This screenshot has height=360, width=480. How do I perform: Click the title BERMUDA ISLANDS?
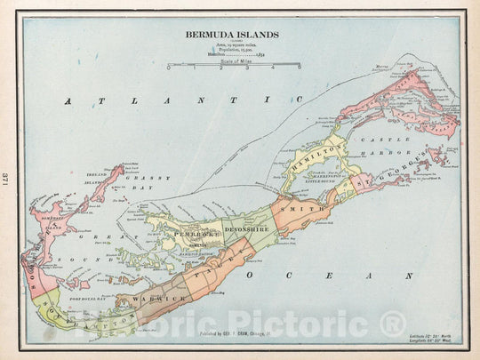[x=232, y=35]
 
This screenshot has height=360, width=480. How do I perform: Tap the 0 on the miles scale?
[x=168, y=67]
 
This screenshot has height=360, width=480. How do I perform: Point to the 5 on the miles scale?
[x=299, y=67]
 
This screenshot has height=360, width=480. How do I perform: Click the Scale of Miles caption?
[x=233, y=72]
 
